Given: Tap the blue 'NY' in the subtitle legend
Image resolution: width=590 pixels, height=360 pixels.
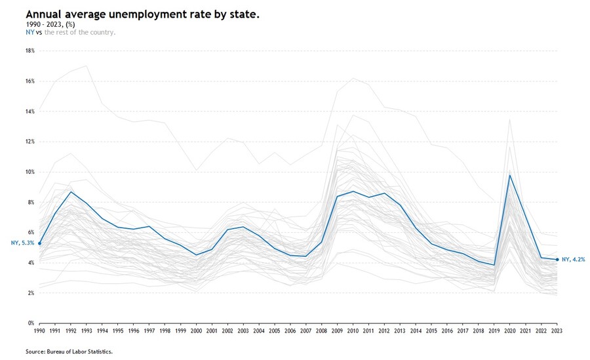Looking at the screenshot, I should click(x=29, y=31).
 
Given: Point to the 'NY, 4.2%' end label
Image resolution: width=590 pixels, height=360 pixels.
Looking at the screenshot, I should click(x=572, y=260).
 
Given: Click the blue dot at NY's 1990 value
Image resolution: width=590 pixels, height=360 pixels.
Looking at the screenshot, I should click(x=39, y=243).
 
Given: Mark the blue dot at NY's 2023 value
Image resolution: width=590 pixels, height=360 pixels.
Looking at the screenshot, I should click(x=557, y=260).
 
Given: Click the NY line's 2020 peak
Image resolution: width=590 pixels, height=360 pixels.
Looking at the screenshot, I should click(x=510, y=175).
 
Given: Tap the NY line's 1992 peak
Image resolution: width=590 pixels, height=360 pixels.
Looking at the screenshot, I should click(x=71, y=191).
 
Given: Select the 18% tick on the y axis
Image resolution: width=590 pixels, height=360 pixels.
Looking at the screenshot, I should click(x=29, y=51).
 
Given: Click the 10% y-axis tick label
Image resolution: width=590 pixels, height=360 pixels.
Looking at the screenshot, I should click(x=29, y=172).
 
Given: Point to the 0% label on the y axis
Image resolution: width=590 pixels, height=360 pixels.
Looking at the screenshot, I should click(x=30, y=323).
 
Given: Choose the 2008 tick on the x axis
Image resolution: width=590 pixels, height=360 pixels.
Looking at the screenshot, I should click(x=322, y=332).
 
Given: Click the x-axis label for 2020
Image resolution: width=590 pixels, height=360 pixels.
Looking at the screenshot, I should click(x=510, y=332).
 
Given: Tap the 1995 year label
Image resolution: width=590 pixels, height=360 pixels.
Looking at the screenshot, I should click(x=118, y=332).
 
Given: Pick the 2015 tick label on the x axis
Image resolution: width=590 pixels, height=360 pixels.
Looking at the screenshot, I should click(x=431, y=332).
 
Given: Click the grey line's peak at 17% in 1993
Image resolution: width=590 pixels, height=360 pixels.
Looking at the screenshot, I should click(x=87, y=66).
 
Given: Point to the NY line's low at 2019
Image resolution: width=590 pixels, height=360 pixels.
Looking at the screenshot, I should click(x=494, y=265).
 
